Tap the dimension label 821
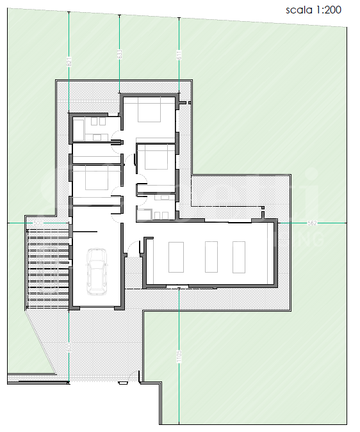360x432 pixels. coord(69,61)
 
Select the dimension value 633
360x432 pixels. coord(119,54)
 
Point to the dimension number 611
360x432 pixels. coord(179,55)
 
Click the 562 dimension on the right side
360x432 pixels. coord(313,223)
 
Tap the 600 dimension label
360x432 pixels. coord(69,346)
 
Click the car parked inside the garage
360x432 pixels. coord(97,272)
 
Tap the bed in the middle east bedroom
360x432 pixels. coord(156,157)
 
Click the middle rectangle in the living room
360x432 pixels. coord(210,256)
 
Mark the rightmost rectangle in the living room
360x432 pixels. coord(239,256)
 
